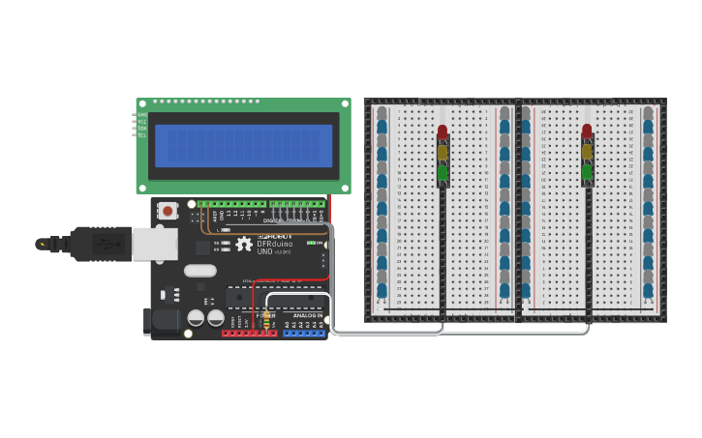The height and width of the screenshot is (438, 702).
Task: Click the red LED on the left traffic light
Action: click(443, 131)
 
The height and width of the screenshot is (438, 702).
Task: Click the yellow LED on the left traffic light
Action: click(443, 152)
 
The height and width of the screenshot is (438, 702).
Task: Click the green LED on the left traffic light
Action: click(443, 172)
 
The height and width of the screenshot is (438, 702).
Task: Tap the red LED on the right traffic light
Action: click(587, 131)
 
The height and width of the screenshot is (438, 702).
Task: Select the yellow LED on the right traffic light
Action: click(587, 152)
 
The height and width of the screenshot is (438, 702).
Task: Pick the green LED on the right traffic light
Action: click(587, 172)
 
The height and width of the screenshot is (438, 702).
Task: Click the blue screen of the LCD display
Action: click(243, 145)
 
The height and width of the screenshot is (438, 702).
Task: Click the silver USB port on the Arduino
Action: click(154, 245)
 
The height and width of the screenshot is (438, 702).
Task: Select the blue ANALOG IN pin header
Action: click(304, 334)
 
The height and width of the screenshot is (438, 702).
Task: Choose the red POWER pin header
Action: click(250, 334)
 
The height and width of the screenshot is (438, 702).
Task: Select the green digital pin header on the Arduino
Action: click(261, 204)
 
